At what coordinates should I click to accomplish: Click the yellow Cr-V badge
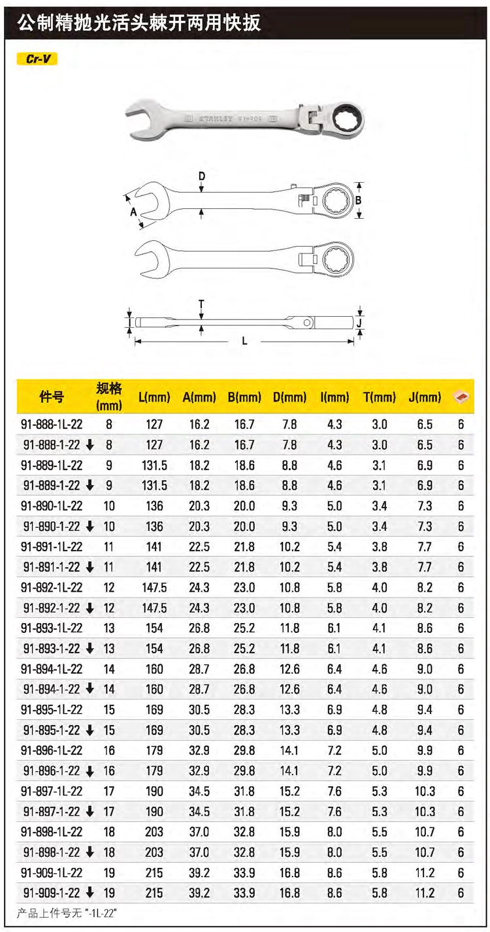pyautogui.click(x=37, y=59)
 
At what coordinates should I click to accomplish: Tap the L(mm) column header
pyautogui.click(x=154, y=397)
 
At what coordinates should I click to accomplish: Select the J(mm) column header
pyautogui.click(x=425, y=397)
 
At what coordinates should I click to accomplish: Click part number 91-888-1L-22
pyautogui.click(x=52, y=425)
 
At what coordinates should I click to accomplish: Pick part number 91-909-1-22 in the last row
pyautogui.click(x=51, y=893)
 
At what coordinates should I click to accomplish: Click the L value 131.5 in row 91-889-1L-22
pyautogui.click(x=154, y=465)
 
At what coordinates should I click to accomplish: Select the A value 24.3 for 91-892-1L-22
pyautogui.click(x=199, y=588)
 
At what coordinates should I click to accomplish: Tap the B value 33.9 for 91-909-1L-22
pyautogui.click(x=244, y=873)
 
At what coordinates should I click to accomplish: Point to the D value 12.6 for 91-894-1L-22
pyautogui.click(x=289, y=669)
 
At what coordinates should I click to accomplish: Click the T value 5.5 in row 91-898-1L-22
pyautogui.click(x=380, y=831)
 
